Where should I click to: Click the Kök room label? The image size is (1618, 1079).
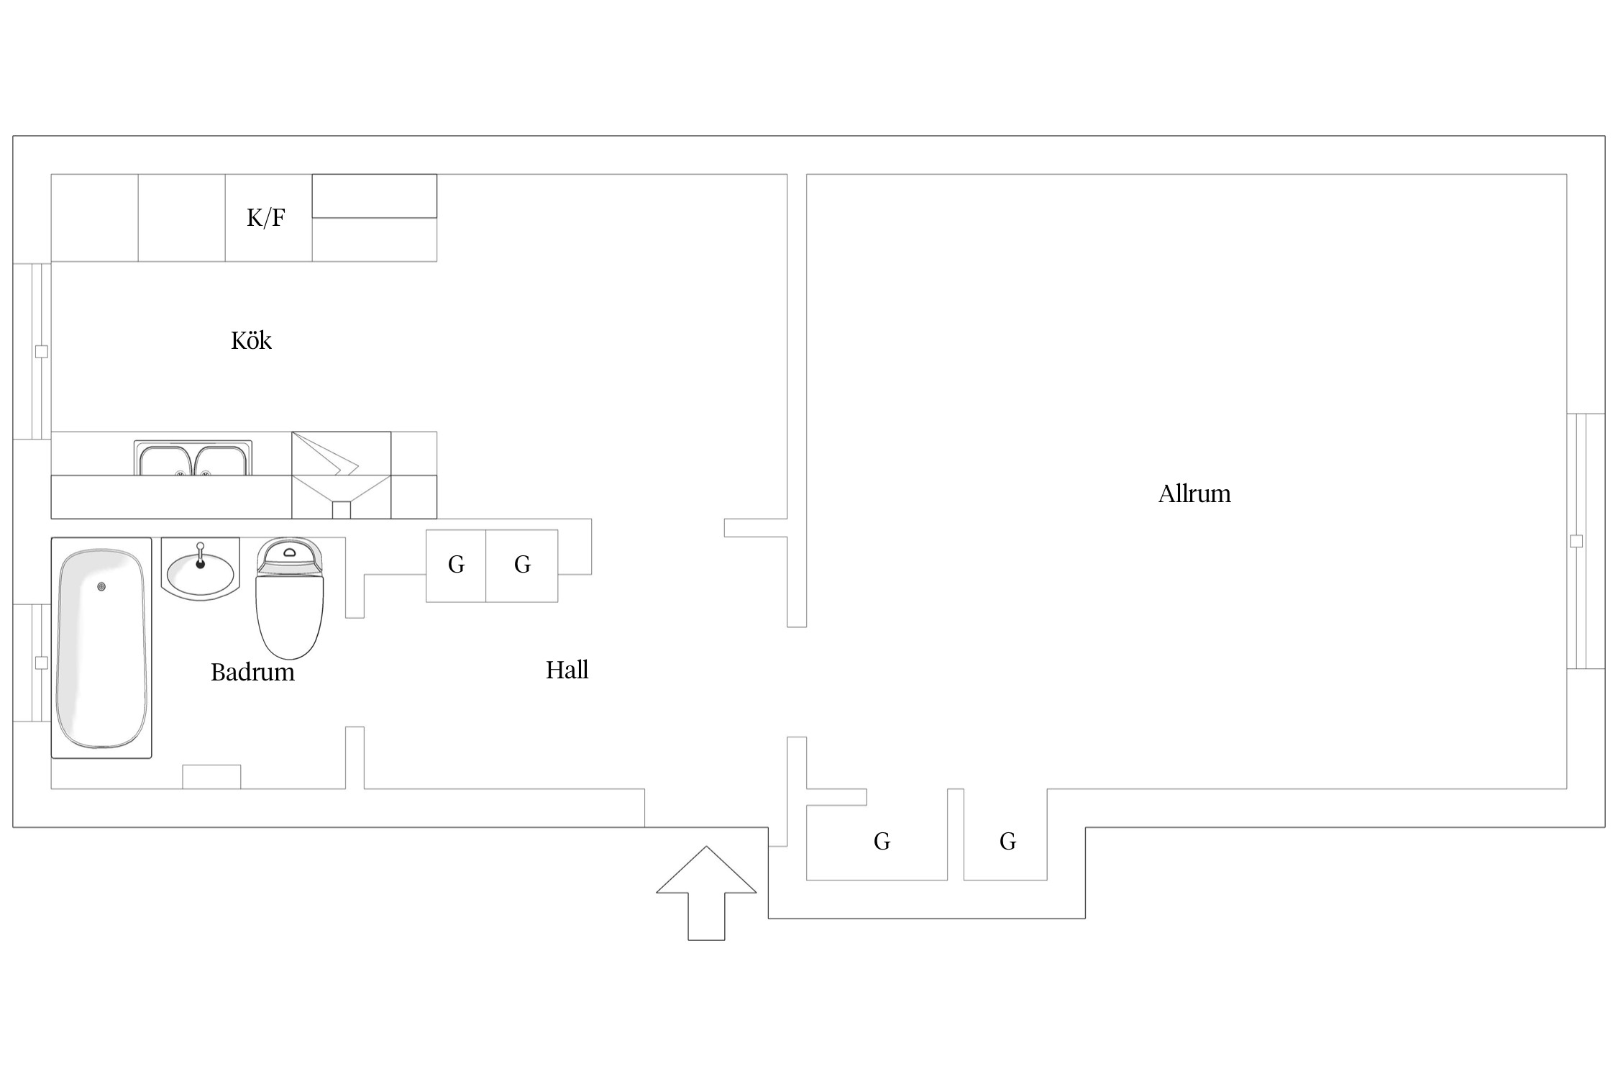[251, 340]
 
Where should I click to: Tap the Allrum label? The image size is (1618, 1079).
[1194, 493]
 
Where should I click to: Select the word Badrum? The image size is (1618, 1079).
[252, 672]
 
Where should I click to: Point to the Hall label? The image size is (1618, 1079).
[567, 670]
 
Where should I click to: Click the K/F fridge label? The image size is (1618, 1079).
[266, 217]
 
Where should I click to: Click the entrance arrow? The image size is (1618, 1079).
[706, 893]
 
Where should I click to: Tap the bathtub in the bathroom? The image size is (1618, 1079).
[101, 647]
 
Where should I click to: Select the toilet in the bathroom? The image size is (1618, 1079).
[290, 598]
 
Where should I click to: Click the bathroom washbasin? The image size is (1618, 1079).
[201, 568]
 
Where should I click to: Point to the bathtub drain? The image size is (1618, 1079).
[101, 587]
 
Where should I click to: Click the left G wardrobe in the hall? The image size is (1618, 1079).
[456, 565]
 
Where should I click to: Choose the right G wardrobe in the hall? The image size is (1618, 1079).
[522, 565]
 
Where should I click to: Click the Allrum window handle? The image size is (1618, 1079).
[1576, 542]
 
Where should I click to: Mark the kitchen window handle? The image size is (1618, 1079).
[42, 352]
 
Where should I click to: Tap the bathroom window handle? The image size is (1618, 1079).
[42, 663]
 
